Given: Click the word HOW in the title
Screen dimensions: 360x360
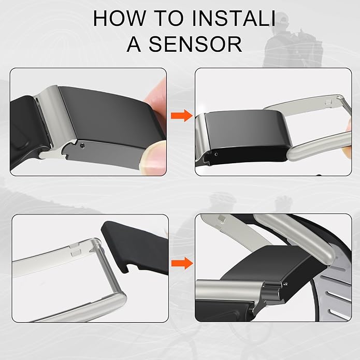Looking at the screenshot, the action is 119,18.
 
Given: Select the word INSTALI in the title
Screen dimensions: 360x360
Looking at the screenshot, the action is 234,18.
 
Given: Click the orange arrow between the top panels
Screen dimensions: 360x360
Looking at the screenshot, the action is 182,116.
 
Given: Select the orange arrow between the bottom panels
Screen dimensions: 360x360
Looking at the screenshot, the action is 182,263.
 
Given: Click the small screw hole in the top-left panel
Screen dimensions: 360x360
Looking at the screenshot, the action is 82,145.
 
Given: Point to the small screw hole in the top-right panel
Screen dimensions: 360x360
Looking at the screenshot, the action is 215,154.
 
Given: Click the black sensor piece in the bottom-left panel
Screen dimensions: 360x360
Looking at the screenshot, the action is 134,248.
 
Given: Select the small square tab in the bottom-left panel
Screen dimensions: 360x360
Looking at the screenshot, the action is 76,253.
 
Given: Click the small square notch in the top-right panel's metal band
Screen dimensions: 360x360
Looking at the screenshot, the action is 328,102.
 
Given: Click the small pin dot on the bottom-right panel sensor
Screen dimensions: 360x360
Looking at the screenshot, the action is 285,284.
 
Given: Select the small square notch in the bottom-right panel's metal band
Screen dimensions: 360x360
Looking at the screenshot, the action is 222,219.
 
